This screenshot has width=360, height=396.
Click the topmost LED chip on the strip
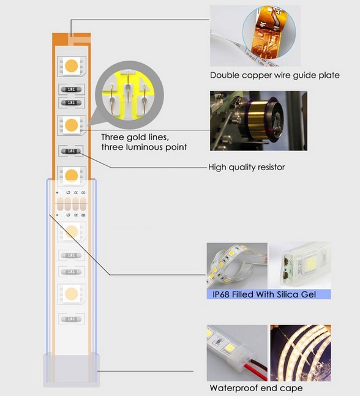click(72, 66)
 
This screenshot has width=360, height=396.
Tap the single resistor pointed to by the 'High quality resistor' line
click(71, 151)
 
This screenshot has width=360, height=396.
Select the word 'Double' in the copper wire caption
click(224, 75)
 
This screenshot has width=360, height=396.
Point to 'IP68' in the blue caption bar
click(221, 294)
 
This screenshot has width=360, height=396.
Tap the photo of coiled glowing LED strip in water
click(301, 353)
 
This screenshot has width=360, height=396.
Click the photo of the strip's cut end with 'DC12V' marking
click(299, 266)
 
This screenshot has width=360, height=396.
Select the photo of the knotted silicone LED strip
click(237, 266)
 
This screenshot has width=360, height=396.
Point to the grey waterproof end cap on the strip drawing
click(72, 370)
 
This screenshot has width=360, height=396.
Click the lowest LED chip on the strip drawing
click(72, 294)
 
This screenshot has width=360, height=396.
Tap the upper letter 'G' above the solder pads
click(68, 192)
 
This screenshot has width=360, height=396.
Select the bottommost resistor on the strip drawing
click(71, 319)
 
